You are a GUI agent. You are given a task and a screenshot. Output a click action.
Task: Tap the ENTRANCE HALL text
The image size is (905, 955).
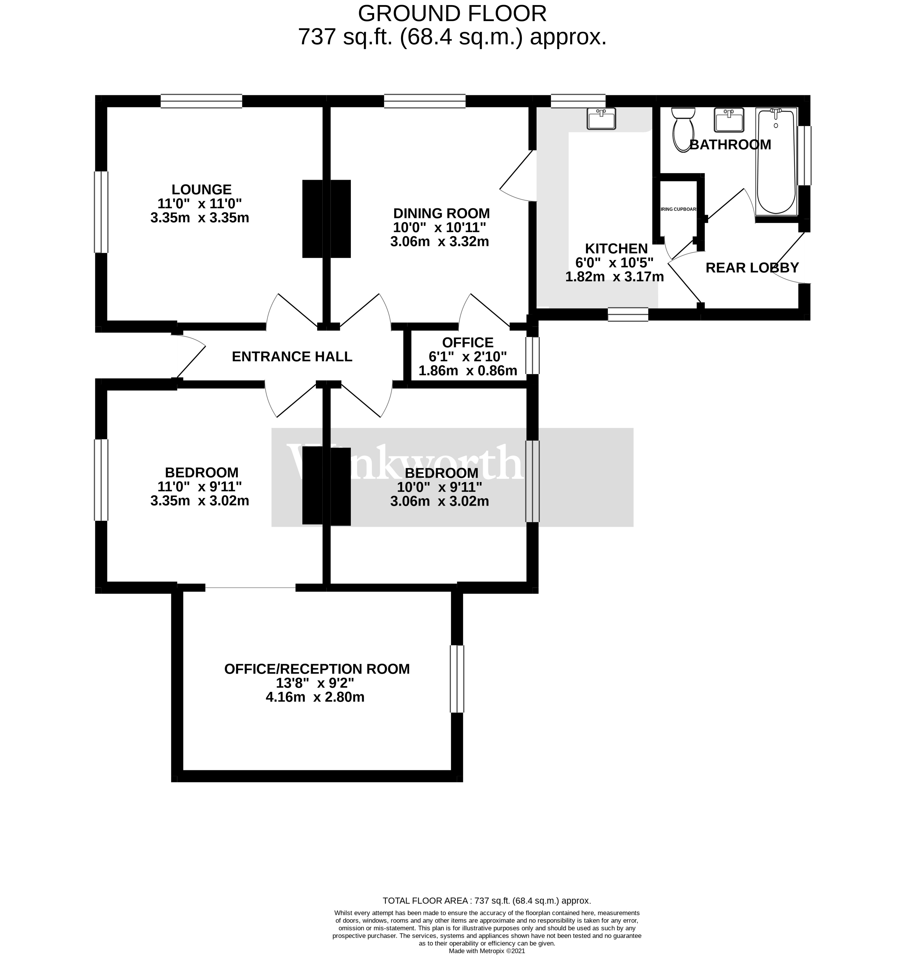292,357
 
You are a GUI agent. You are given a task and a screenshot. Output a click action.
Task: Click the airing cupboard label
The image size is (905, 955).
678,210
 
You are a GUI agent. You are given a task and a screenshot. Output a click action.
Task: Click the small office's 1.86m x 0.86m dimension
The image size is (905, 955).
467,371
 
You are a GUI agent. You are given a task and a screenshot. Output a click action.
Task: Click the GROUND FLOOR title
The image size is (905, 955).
452,14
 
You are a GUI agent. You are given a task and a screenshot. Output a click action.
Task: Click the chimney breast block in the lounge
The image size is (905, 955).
312,219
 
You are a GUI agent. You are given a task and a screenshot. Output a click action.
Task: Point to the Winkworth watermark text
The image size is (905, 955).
405,462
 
